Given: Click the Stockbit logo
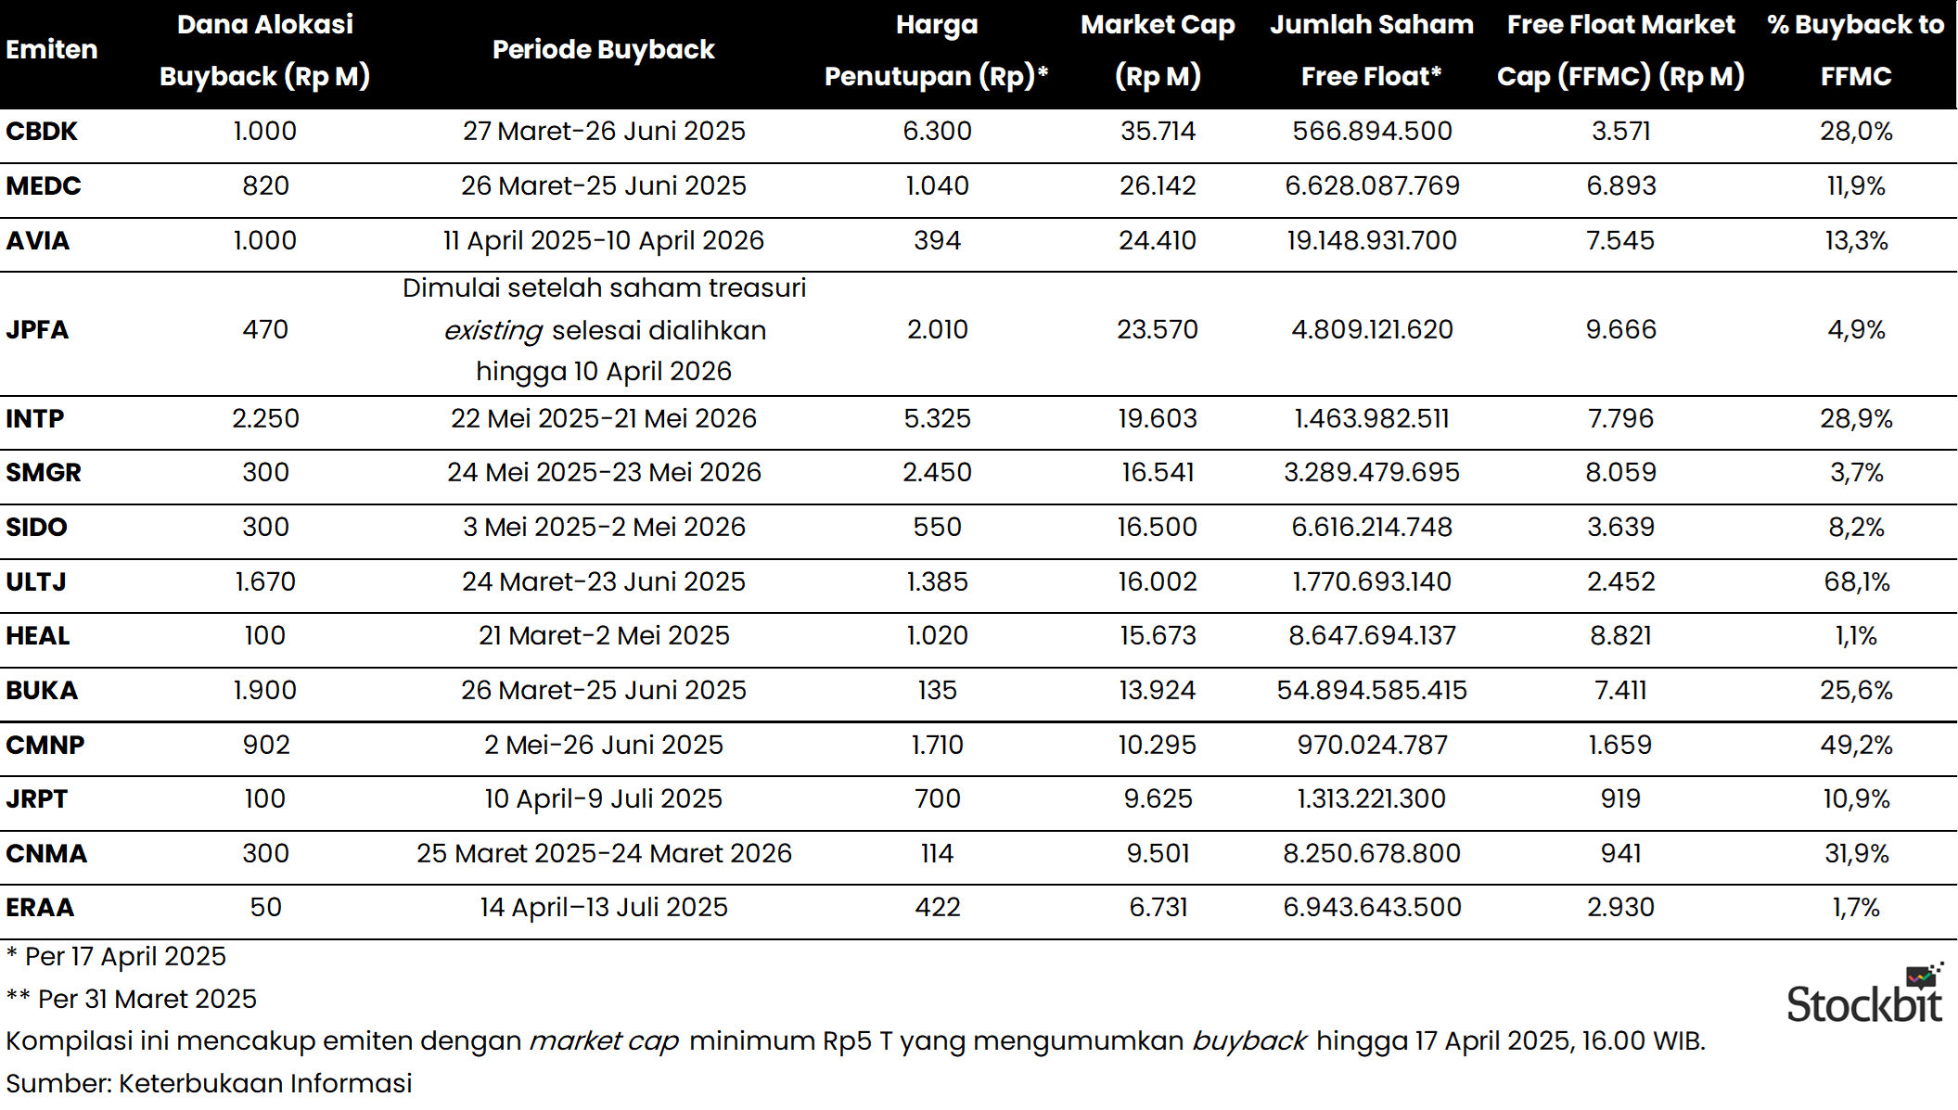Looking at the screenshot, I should tap(1864, 996).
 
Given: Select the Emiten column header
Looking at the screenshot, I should tap(52, 50).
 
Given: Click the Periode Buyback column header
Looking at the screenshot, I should tap(603, 50).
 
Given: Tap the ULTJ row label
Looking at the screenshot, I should tap(36, 581).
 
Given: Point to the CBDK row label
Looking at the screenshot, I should tap(42, 132).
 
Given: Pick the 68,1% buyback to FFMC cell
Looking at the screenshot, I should tap(1856, 581).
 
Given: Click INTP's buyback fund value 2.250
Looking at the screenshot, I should tap(265, 418).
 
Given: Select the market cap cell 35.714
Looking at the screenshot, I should tap(1158, 132).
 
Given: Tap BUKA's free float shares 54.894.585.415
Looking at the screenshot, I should tap(1371, 690).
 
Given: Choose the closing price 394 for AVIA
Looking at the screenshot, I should tap(937, 241).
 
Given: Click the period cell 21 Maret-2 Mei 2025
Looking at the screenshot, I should tap(604, 635).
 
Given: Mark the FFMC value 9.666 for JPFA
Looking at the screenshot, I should tap(1620, 329).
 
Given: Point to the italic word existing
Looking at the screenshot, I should tap(493, 331).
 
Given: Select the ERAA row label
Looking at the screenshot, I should tap(40, 907).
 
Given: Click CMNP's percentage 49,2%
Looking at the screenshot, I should tap(1856, 745).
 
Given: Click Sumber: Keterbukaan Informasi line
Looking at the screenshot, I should tap(209, 1083).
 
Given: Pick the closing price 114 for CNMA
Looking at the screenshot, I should tap(937, 853).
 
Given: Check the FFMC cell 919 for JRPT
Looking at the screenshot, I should tap(1620, 798).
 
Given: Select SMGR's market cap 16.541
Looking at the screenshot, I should tap(1158, 472).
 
